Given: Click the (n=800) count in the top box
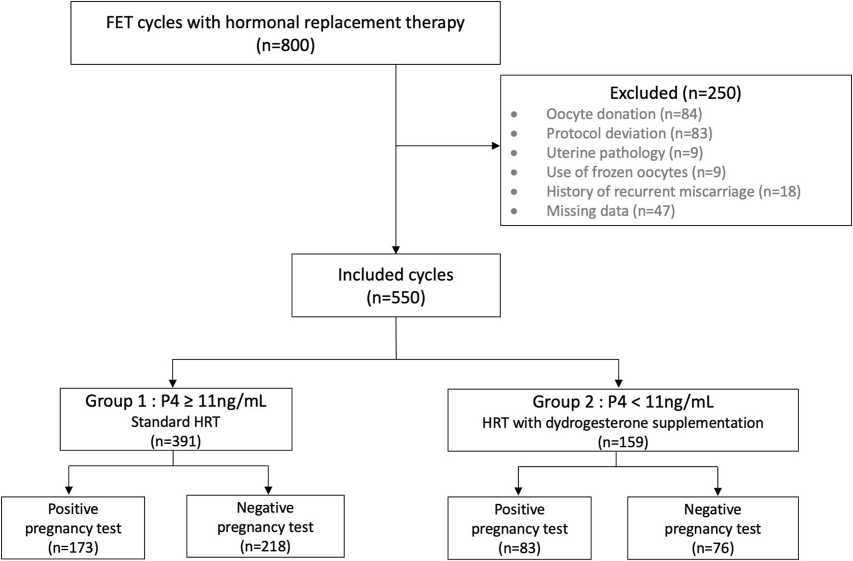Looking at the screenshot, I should coord(285,45).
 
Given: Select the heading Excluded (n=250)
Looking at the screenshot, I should coord(675,92).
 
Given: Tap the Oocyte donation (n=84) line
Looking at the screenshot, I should coord(624,114).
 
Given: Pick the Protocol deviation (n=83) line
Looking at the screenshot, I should coord(629,133).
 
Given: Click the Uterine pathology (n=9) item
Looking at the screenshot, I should coord(624,153).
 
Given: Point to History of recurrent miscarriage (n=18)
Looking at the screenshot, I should coord(673,191).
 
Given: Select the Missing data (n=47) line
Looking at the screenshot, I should coord(610,211).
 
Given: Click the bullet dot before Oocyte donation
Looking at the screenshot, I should coord(514,115).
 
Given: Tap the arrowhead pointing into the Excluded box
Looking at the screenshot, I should coord(495,146).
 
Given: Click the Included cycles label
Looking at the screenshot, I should coord(396,275).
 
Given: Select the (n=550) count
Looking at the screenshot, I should coord(396,297).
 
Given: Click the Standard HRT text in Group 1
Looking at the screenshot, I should coord(175,422).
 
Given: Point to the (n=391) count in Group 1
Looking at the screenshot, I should coord(175,441).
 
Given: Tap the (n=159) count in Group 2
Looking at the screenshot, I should coord(623,442).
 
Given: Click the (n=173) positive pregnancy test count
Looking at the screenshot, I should coord(73,547).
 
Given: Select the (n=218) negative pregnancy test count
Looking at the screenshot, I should coord(265,546).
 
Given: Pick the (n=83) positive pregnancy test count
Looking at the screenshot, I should coord(519,548).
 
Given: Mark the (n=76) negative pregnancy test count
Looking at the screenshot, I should coord(712,548).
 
